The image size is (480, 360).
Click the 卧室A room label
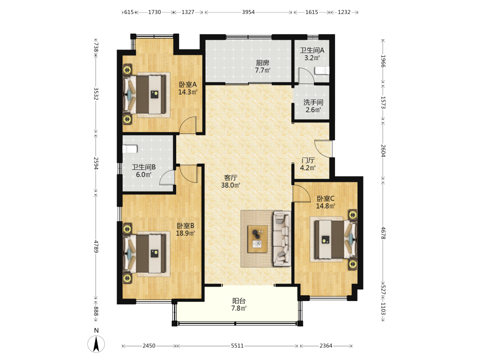point(188,84)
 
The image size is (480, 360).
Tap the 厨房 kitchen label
point(263,63)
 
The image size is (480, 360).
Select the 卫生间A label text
point(312,50)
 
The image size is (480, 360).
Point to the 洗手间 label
point(313,102)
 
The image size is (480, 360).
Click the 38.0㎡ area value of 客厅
point(230,185)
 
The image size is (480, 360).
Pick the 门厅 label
point(308,160)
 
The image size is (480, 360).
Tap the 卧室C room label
point(325,198)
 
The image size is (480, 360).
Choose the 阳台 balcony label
point(239,301)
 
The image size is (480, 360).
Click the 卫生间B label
point(144,167)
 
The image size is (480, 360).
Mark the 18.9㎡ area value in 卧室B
point(185,233)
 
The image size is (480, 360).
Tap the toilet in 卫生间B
point(130,149)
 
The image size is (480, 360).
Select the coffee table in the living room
point(257,239)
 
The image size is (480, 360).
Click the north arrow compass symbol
point(96,344)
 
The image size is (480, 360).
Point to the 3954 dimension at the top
point(248,12)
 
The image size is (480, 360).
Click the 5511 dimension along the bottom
point(237,346)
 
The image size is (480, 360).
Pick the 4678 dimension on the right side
point(383,233)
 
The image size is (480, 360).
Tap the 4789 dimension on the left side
point(96,247)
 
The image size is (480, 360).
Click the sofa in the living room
point(282,238)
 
